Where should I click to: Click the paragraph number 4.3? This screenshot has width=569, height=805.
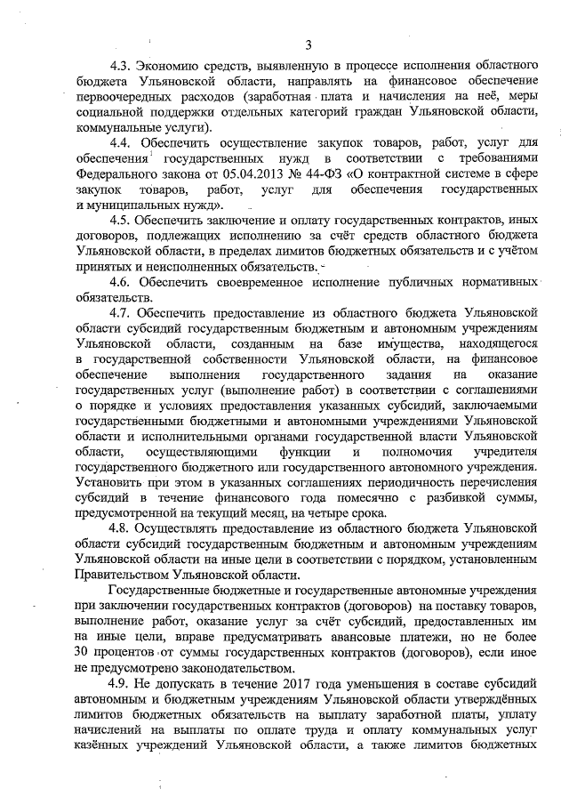click(x=121, y=66)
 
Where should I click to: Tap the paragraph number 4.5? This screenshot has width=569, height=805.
click(x=121, y=218)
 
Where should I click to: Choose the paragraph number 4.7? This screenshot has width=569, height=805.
click(x=121, y=313)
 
